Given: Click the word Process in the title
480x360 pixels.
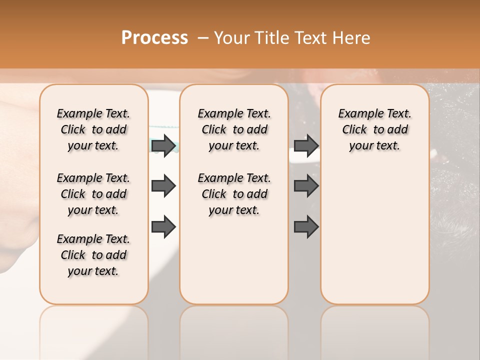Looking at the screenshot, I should (x=154, y=38).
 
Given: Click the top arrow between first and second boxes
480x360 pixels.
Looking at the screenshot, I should (x=163, y=145).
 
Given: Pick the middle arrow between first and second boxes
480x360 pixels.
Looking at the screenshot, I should (x=163, y=186).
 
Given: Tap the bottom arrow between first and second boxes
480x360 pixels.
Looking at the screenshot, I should (x=163, y=227).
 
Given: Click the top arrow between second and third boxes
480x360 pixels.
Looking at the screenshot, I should (x=306, y=145).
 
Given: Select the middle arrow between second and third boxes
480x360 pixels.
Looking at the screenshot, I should (x=306, y=186).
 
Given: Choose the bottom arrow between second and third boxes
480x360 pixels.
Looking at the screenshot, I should (x=306, y=227).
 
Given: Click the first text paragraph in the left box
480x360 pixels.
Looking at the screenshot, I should (x=93, y=129).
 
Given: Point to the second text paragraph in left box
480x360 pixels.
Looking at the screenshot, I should (x=93, y=194).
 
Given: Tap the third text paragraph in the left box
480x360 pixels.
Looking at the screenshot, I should (x=93, y=255).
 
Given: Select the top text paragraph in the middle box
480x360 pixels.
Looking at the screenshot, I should (x=234, y=129).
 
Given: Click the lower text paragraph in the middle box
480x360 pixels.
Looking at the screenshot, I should (x=234, y=194).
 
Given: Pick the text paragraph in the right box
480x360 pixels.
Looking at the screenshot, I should (x=374, y=129).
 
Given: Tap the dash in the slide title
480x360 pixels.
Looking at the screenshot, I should (x=202, y=38).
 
